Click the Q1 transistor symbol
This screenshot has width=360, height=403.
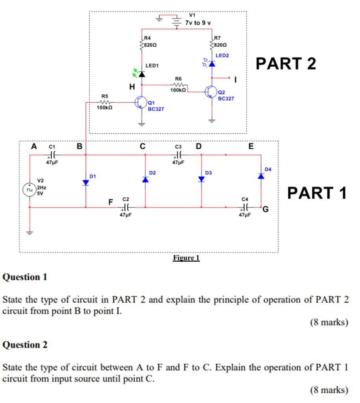141,103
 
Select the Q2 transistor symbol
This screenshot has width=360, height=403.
211,92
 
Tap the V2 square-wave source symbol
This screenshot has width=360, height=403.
29,190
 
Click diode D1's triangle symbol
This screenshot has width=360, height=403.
85,183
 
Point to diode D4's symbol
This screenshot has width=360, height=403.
261,176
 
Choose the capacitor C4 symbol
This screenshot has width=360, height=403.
245,207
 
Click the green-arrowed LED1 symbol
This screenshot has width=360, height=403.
139,74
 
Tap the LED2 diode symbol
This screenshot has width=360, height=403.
209,63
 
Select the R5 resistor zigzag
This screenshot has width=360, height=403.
105,102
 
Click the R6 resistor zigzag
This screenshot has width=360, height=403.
178,85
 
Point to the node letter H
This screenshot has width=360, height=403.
132,87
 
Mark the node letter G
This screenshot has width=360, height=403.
265,209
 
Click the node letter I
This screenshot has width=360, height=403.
235,80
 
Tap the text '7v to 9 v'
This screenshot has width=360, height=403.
198,23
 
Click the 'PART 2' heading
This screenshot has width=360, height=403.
286,63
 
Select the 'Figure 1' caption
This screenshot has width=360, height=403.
186,258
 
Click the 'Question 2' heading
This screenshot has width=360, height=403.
25,345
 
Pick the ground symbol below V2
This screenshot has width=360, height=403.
30,233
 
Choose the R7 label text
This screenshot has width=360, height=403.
217,38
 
